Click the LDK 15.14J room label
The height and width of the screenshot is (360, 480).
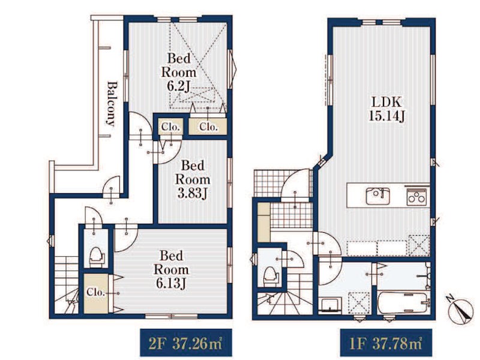(386, 109)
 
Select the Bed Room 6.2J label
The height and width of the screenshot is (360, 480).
(179, 72)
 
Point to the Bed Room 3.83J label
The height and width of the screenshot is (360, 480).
(193, 179)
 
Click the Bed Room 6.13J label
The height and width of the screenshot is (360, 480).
(171, 269)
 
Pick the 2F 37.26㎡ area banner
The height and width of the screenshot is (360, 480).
(186, 343)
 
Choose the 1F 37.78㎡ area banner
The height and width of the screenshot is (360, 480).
(386, 343)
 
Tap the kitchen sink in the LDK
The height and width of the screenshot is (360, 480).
(378, 196)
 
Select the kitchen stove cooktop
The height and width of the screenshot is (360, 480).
(416, 197)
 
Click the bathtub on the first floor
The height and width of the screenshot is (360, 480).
(402, 302)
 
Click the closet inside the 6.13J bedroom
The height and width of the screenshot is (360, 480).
(96, 293)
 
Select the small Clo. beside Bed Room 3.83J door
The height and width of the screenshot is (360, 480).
(170, 127)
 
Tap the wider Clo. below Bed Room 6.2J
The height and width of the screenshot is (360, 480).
(208, 127)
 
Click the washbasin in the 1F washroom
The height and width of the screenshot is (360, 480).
(330, 305)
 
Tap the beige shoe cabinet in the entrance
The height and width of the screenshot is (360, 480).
(264, 223)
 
